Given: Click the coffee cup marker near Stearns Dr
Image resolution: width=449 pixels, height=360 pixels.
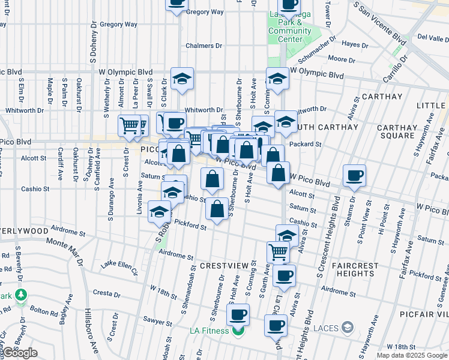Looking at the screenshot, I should [354, 176].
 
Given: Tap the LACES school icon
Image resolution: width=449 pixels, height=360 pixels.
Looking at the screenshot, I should [348, 328].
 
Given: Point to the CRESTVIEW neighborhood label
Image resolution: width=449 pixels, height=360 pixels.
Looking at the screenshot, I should [224, 265].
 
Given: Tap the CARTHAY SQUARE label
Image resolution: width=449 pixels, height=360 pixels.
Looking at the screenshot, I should [397, 131].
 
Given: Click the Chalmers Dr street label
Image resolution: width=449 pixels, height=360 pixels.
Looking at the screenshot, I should [199, 46].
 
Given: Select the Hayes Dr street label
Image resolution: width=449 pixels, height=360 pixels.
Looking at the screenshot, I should [354, 44].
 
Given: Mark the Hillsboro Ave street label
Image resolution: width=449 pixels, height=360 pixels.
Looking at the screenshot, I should [92, 328].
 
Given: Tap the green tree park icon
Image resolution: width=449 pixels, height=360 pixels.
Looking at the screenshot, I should [22, 295].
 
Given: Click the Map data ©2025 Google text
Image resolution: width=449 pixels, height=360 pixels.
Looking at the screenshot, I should [411, 355].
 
